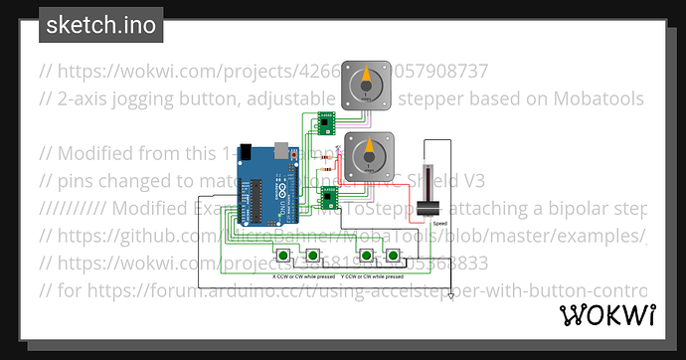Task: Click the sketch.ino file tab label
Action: [x=100, y=26]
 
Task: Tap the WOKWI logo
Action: [x=608, y=315]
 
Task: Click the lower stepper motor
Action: [x=371, y=155]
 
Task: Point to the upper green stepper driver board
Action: [x=324, y=123]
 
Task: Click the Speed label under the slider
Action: [x=439, y=224]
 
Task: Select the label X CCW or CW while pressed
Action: [x=302, y=275]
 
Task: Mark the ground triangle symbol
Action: [x=450, y=295]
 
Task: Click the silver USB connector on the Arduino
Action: [x=287, y=151]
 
